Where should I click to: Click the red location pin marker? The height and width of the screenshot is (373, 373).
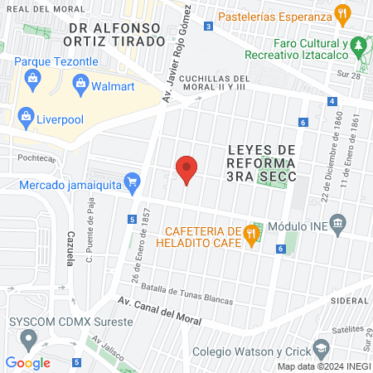(x=187, y=169)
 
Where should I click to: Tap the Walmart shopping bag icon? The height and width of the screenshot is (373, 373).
(x=80, y=82)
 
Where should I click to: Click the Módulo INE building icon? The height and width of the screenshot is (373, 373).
(x=337, y=224)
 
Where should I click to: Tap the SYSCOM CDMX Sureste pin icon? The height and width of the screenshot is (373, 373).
(x=30, y=337)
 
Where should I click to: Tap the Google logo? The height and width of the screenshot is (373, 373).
(x=27, y=362)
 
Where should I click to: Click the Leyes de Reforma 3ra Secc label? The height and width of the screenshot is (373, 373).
(x=261, y=162)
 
